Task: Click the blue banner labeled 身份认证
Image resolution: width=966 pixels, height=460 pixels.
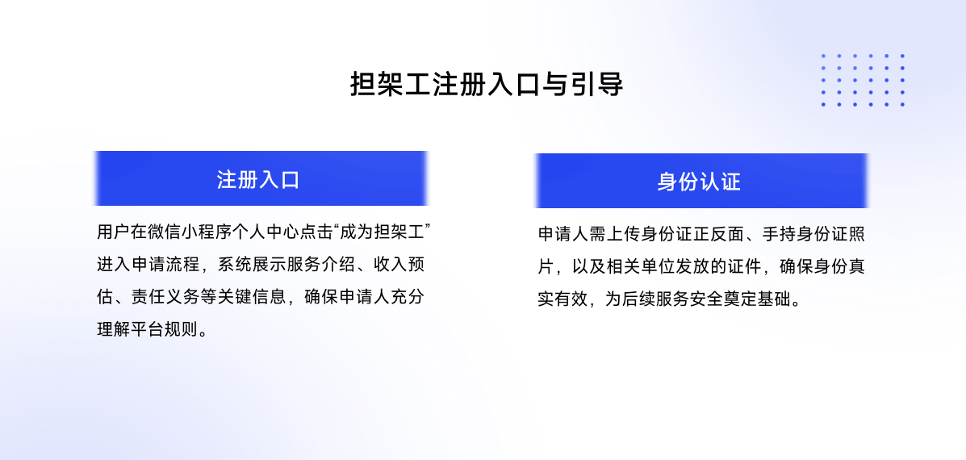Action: click(700, 181)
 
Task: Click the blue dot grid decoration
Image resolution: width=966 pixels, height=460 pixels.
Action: click(863, 80)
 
